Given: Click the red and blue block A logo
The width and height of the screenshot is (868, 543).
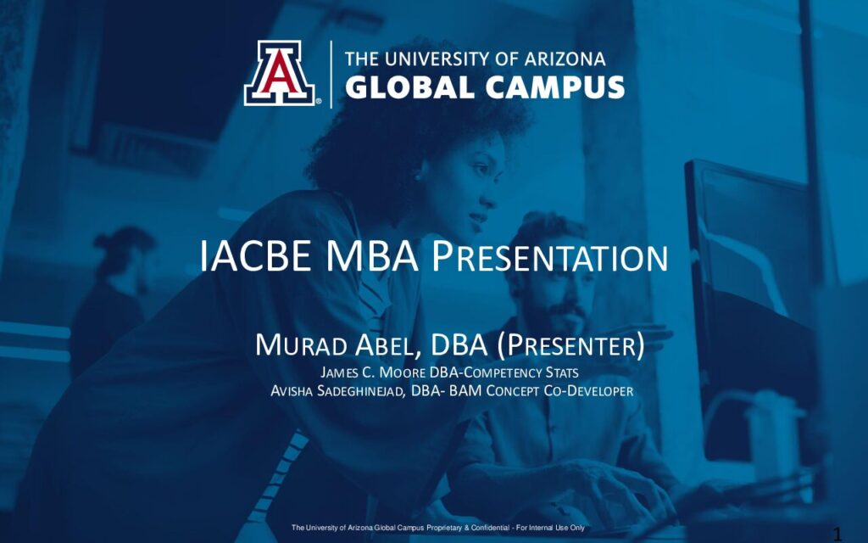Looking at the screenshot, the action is (280, 73).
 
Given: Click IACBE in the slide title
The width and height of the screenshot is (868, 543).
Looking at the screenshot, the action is (255, 256).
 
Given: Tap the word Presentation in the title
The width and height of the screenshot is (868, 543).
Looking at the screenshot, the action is (549, 256).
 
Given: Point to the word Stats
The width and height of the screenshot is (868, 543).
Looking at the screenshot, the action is (562, 372).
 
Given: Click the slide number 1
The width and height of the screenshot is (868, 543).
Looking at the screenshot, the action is (837, 535).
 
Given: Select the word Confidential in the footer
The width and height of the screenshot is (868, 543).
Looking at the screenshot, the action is (494, 528).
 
